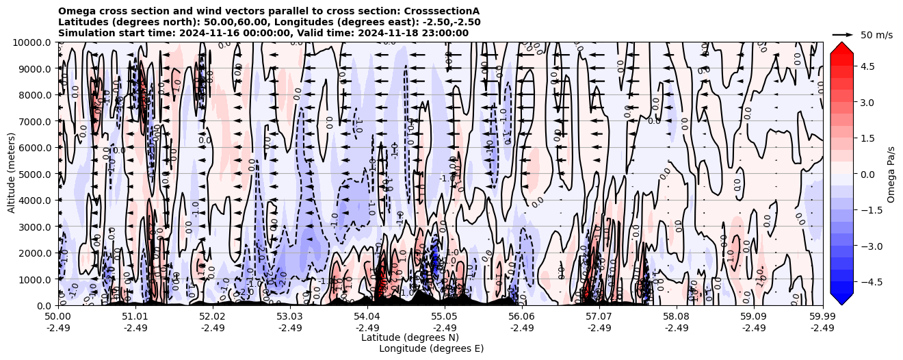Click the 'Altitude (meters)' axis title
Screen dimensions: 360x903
pos(12,174)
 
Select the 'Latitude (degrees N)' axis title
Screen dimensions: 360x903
pos(410,337)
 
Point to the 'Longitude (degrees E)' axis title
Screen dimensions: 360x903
pos(431,348)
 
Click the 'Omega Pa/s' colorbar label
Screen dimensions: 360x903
pos(891,174)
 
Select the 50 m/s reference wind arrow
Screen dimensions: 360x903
pos(843,34)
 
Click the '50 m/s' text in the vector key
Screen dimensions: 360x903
pos(876,35)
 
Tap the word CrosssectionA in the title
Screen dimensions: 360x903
pos(442,11)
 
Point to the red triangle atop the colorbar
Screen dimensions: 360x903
pos(841,48)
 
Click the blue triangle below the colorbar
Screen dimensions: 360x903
pos(841,298)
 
